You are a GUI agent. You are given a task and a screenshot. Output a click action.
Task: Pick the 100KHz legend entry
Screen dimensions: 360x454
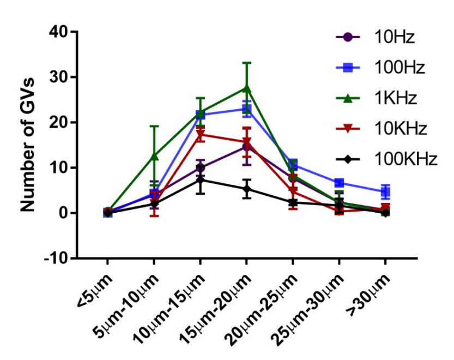405,159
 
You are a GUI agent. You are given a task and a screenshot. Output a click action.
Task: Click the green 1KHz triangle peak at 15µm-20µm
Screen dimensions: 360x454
246,88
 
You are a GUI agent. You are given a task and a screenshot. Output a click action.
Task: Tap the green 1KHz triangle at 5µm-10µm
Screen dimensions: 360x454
154,156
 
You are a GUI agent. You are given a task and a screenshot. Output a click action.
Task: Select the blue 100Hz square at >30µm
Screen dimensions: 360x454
385,191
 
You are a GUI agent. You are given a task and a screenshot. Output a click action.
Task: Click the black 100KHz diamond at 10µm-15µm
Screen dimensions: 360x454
201,179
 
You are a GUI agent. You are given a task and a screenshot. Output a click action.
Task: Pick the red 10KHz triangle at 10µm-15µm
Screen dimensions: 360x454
201,135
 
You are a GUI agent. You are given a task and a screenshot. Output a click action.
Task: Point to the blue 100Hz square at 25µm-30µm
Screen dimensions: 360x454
339,183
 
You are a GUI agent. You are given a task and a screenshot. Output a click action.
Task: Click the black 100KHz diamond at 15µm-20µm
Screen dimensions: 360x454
247,189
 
